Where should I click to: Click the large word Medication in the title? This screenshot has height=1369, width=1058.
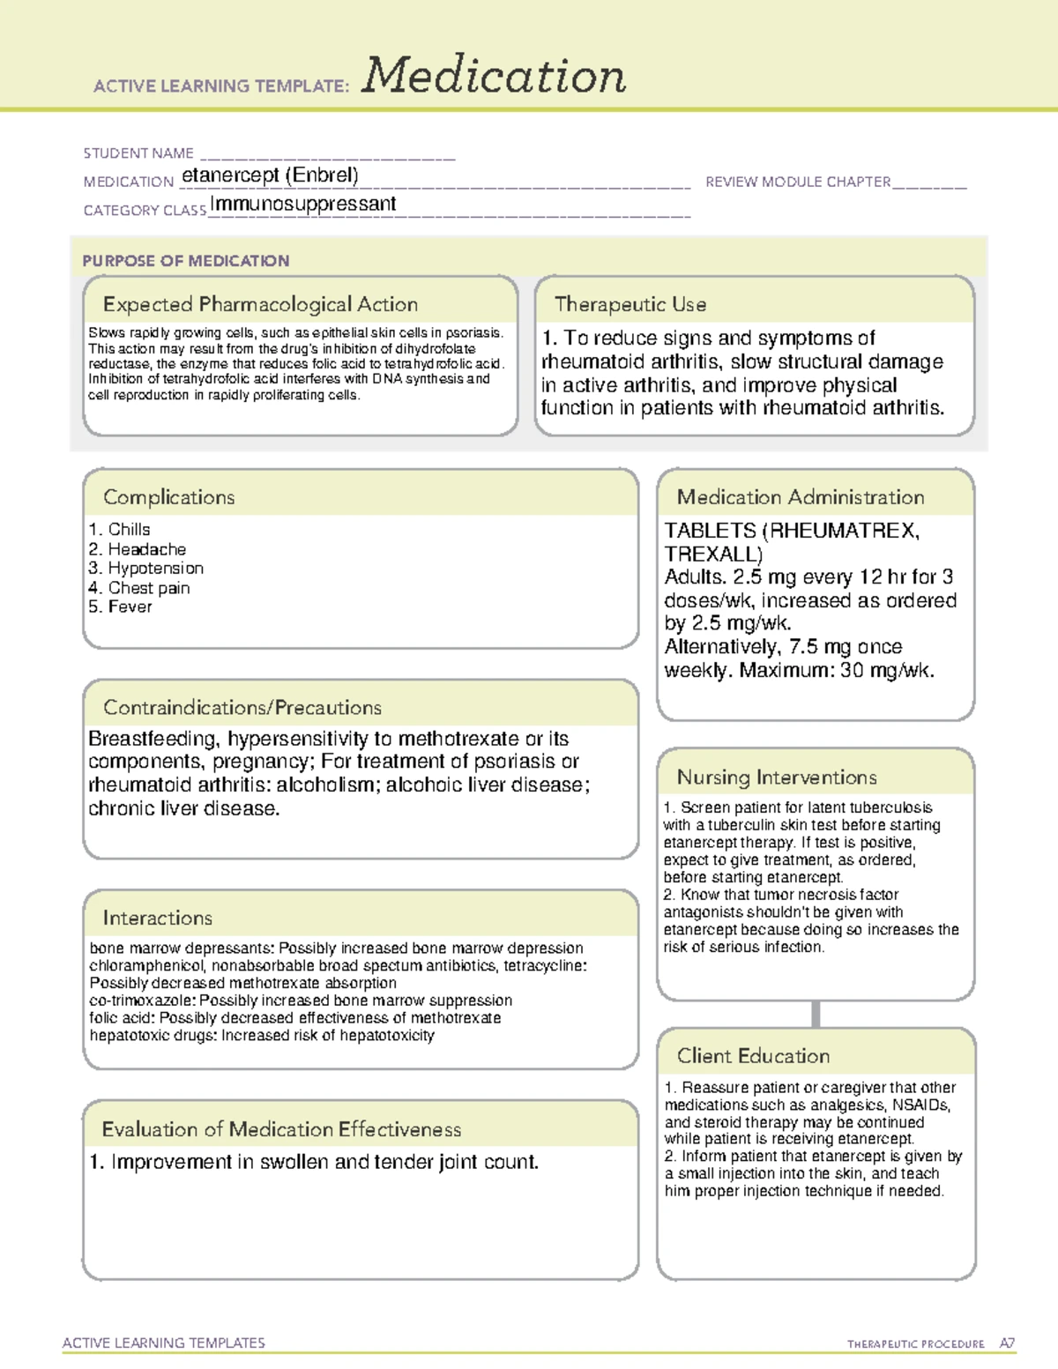click(494, 76)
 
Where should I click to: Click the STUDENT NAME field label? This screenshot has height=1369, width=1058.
click(138, 153)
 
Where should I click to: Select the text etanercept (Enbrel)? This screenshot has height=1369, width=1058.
click(270, 175)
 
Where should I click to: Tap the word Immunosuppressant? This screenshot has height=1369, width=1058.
click(303, 205)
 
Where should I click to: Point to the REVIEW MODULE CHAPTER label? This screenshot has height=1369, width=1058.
click(798, 182)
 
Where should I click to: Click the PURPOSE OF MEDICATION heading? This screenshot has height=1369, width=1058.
click(186, 261)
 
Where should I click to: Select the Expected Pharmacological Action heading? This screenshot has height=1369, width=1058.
click(260, 304)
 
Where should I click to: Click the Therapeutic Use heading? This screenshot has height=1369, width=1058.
click(630, 304)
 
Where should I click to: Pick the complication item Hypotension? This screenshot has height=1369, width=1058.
click(155, 569)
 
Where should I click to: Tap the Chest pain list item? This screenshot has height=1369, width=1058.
click(148, 588)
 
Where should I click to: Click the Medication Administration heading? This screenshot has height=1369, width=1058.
click(801, 497)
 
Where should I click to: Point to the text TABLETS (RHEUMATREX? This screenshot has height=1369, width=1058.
click(792, 531)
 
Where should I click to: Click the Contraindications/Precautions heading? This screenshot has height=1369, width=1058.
click(242, 708)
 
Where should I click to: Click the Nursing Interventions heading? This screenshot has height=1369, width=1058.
click(777, 778)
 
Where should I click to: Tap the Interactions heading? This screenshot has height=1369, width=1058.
click(158, 919)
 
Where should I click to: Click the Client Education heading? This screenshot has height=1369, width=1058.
click(753, 1056)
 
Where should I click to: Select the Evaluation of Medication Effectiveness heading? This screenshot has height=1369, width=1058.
click(281, 1129)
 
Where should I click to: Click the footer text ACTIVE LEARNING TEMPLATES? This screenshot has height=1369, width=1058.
click(164, 1343)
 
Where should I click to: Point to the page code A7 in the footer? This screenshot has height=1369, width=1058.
click(1007, 1343)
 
